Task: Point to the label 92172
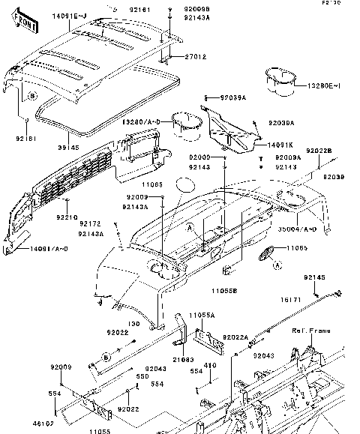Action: pyautogui.click(x=90, y=223)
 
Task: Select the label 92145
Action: pyautogui.click(x=314, y=277)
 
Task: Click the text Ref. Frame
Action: pyautogui.click(x=309, y=330)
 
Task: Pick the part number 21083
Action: pyautogui.click(x=184, y=361)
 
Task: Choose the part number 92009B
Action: pyautogui.click(x=196, y=7)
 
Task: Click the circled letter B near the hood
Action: pyautogui.click(x=32, y=97)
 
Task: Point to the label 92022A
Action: pyautogui.click(x=235, y=337)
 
